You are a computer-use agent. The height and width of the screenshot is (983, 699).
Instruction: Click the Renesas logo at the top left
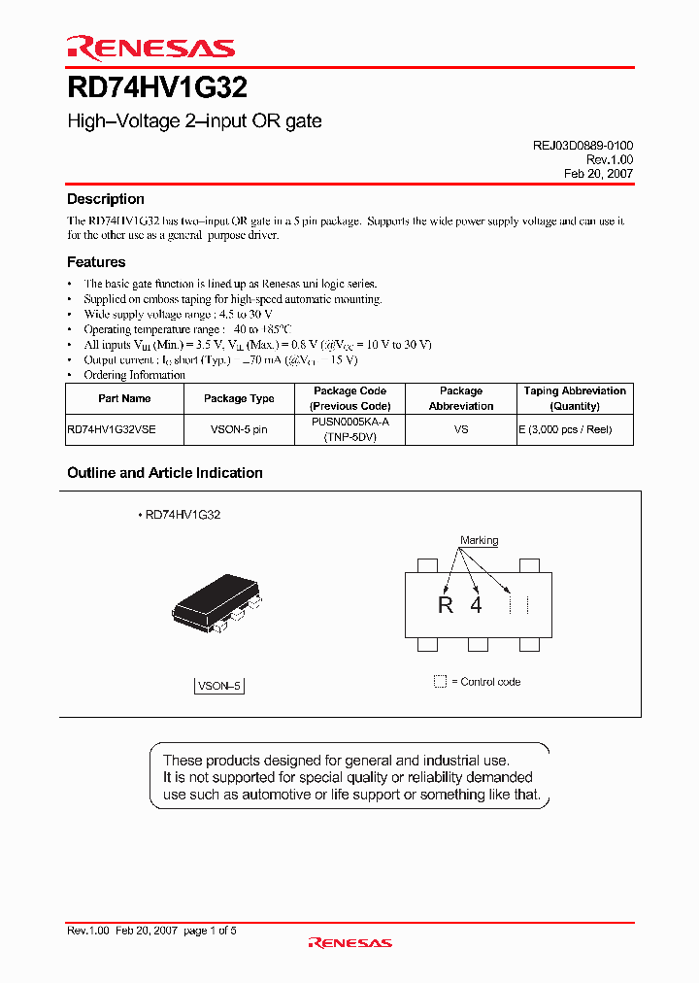point(150,47)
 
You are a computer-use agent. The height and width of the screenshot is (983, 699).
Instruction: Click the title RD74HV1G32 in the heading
point(156,88)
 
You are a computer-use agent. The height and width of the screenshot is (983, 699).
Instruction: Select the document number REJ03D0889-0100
point(582,145)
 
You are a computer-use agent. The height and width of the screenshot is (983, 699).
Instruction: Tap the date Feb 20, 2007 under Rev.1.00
point(598,174)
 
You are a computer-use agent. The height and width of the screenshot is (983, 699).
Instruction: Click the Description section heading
point(105,199)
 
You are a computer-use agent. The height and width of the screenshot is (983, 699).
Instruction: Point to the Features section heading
point(96,262)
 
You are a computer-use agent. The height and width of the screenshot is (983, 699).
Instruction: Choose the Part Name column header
point(124,398)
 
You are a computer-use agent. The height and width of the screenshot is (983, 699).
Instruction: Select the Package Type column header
point(239,398)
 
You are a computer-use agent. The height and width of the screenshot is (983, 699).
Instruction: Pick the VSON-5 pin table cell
point(239,429)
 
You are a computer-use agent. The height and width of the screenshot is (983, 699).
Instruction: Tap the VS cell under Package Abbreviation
point(461,429)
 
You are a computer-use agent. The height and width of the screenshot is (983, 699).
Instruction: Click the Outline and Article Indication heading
point(164,473)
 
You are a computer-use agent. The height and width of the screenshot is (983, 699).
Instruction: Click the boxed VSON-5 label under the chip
point(219,686)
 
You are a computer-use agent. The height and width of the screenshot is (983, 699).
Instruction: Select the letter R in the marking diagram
point(446,605)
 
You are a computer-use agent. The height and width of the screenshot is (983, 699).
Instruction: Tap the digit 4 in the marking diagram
point(476,605)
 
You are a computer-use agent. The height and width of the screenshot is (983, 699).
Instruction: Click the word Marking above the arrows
point(479,540)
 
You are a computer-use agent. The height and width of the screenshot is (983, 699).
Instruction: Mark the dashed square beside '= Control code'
point(440,682)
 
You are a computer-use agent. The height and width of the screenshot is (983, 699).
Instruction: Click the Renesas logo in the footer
point(349,942)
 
